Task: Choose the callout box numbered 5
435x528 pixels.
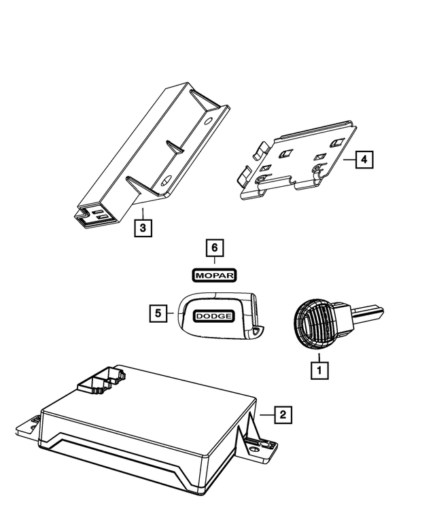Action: click(x=158, y=313)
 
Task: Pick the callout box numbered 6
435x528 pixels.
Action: click(x=215, y=248)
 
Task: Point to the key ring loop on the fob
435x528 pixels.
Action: click(x=256, y=332)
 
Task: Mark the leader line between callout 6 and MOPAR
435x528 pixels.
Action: click(x=215, y=262)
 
